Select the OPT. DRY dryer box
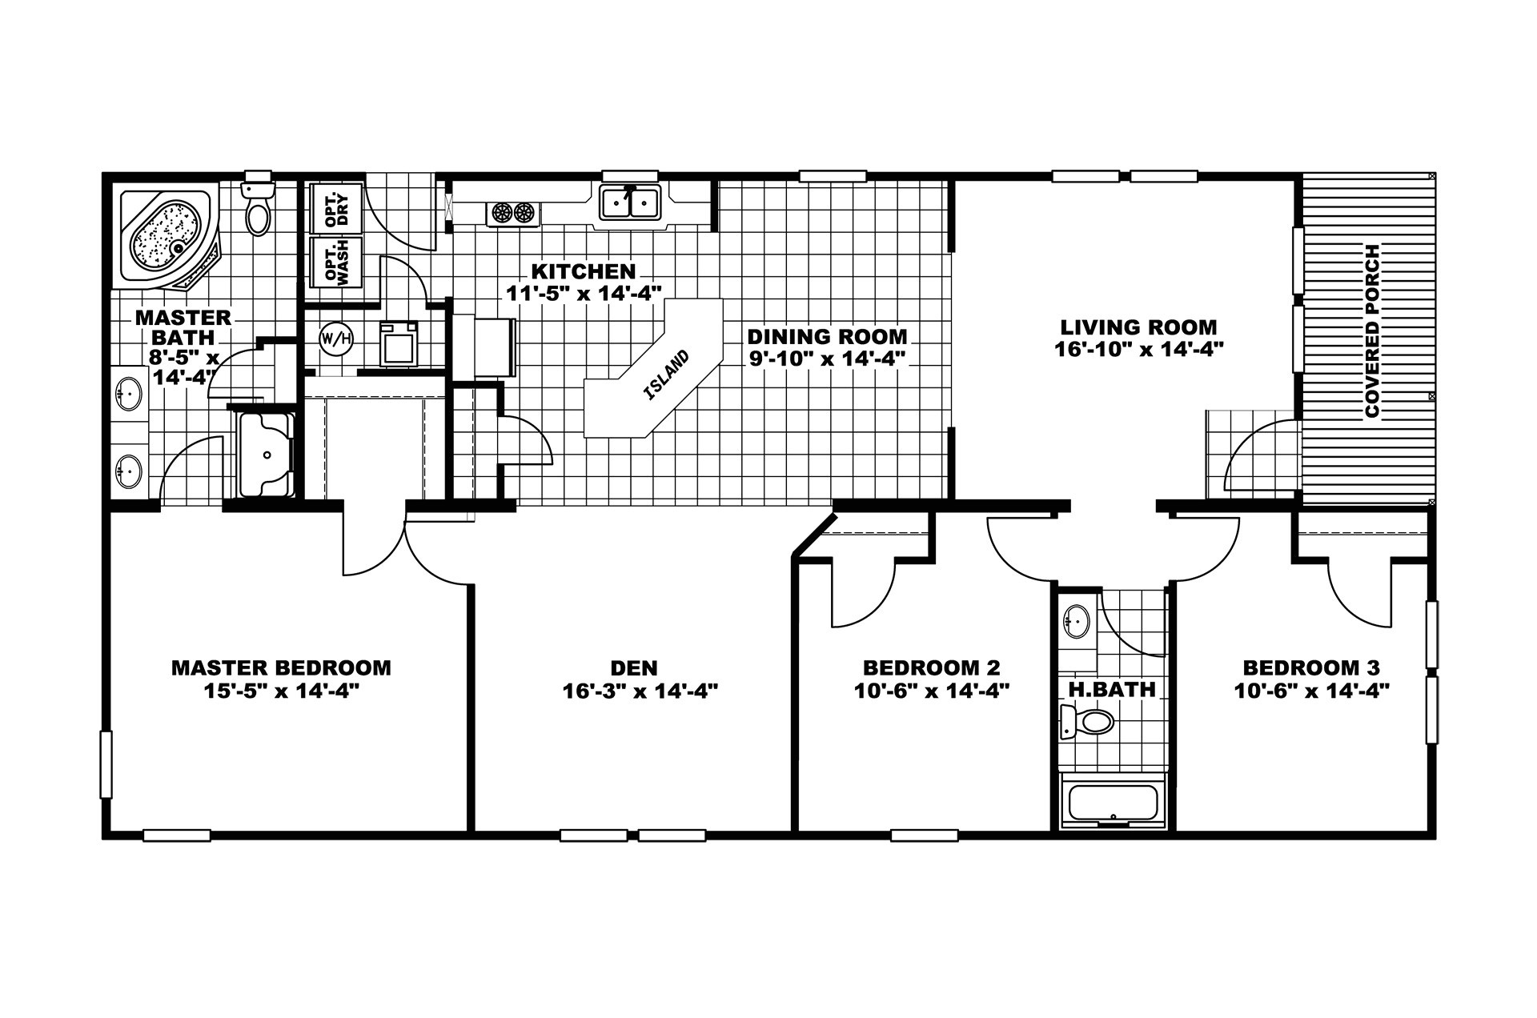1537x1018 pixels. point(335,208)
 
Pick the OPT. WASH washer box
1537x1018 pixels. point(335,261)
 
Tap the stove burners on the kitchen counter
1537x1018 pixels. point(512,213)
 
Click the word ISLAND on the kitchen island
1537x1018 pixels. point(666,375)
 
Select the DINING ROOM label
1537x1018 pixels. point(827,337)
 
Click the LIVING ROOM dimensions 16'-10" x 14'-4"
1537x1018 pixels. point(1138,349)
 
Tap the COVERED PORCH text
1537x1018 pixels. point(1372,331)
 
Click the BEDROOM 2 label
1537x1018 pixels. point(931,667)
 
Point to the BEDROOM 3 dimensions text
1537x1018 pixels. point(1310,691)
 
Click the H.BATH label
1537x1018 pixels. point(1111,689)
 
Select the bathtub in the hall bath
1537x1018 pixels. point(1113,803)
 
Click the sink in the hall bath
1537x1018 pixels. point(1077,621)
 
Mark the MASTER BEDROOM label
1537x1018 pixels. point(281,667)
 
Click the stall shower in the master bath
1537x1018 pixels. point(266,455)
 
